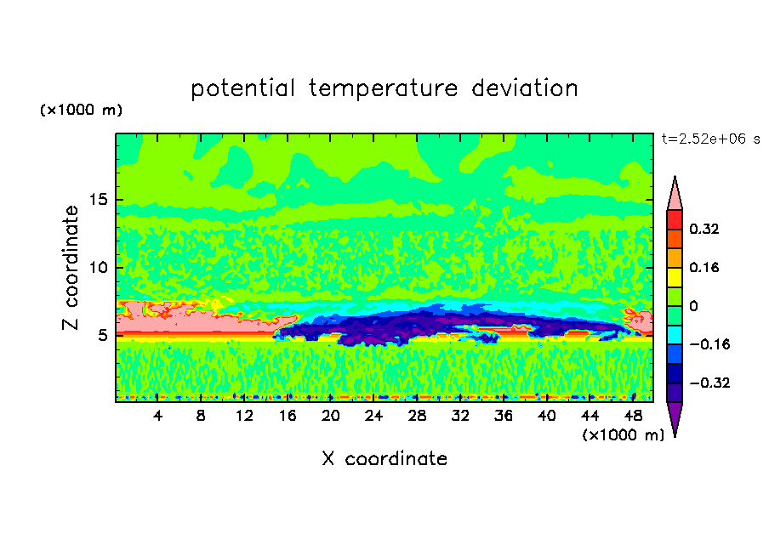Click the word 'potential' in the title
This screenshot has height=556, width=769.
click(x=242, y=88)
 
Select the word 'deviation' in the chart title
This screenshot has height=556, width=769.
click(x=525, y=88)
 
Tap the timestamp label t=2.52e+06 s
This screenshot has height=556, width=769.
click(x=710, y=139)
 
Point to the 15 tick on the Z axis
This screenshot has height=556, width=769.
click(x=98, y=200)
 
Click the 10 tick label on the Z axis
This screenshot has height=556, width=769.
click(x=98, y=267)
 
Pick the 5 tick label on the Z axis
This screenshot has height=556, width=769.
click(x=102, y=335)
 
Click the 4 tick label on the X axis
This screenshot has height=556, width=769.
click(x=157, y=416)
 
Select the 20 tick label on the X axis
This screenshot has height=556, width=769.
click(x=330, y=416)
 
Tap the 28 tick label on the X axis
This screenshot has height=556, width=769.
click(x=417, y=416)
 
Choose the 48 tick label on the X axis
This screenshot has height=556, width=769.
click(x=633, y=416)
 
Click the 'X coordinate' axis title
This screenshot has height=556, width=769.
click(x=384, y=458)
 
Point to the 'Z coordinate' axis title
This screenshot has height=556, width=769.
click(x=71, y=267)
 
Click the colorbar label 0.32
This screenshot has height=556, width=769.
click(x=704, y=229)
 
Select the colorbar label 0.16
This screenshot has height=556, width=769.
click(x=704, y=267)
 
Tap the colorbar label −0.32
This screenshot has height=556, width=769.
click(x=709, y=383)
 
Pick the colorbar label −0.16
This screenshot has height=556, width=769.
click(x=709, y=344)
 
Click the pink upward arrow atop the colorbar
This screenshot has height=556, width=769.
click(x=675, y=193)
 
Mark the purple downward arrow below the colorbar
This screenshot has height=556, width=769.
click(x=675, y=419)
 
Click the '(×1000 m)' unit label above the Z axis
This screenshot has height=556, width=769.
click(x=81, y=110)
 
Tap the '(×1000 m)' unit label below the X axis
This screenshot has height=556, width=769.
click(x=623, y=434)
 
